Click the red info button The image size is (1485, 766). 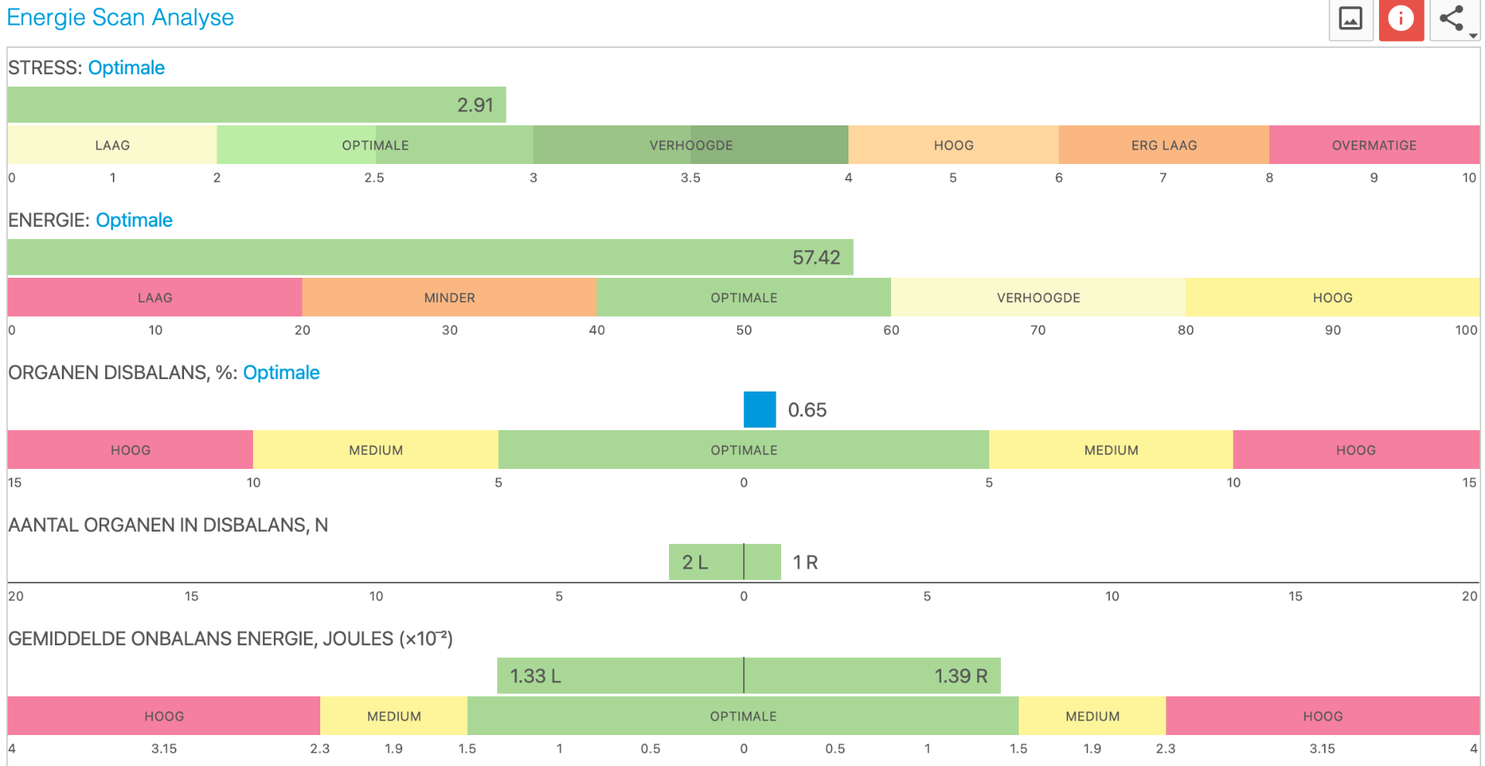click(1401, 19)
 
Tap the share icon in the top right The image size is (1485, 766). click(1452, 19)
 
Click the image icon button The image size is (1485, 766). click(1350, 19)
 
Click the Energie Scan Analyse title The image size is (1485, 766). click(121, 17)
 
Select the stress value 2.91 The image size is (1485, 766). click(475, 105)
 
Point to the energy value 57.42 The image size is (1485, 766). click(816, 258)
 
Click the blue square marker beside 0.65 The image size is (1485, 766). click(760, 409)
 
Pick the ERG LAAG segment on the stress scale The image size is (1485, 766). click(1164, 145)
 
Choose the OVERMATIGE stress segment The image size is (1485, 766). click(1374, 145)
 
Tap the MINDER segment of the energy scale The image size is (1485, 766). click(449, 298)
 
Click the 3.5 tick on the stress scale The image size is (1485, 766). click(691, 178)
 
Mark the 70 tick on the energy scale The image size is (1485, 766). click(1038, 330)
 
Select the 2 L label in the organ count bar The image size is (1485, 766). click(695, 563)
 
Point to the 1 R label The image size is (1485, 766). click(805, 563)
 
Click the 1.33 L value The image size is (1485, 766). click(535, 676)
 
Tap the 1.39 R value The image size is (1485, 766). click(961, 676)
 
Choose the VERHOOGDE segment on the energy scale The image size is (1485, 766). click(1038, 298)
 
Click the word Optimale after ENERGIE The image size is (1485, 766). click(134, 221)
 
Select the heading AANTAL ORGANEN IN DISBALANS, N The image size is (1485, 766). click(168, 525)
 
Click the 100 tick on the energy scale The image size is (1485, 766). click(1466, 330)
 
